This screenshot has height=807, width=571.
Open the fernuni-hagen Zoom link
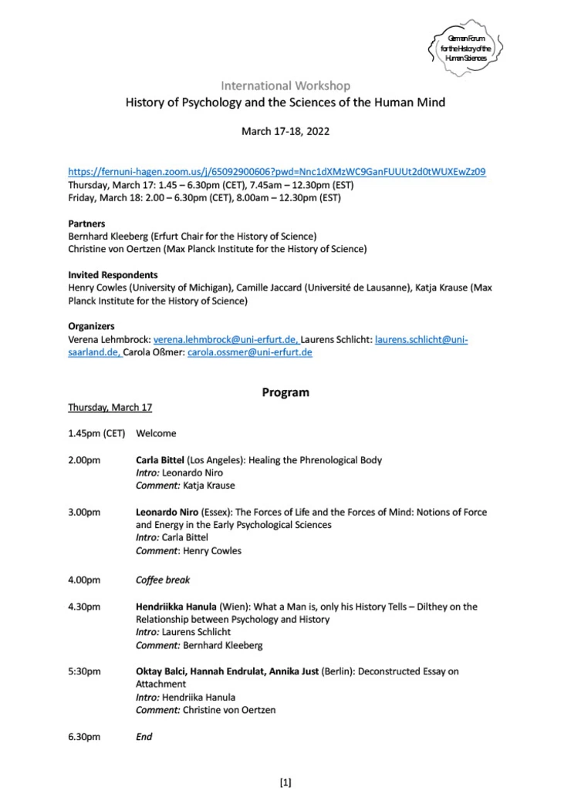coord(277,171)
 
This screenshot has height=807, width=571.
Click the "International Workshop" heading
coord(285,86)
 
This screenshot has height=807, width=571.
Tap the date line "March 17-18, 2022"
coord(285,131)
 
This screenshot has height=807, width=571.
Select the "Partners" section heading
coord(86,224)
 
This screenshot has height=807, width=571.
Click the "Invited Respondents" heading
coord(113,274)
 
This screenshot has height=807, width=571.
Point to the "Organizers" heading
coord(91,326)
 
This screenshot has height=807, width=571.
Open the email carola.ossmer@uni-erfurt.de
coord(249,352)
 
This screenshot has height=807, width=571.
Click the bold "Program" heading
coord(285,392)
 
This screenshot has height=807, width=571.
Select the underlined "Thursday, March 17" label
coord(110,408)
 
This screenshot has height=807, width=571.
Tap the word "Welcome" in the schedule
coord(156,433)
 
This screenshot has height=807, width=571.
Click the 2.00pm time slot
coord(84,460)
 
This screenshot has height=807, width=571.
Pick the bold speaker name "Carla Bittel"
coord(160,460)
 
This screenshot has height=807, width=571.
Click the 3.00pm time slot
coord(84,512)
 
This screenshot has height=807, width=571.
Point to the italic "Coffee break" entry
coord(163,580)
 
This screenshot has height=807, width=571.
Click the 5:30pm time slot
coord(84,671)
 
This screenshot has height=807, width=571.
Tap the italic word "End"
coord(144,737)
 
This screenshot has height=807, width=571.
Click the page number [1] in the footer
coord(285,783)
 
